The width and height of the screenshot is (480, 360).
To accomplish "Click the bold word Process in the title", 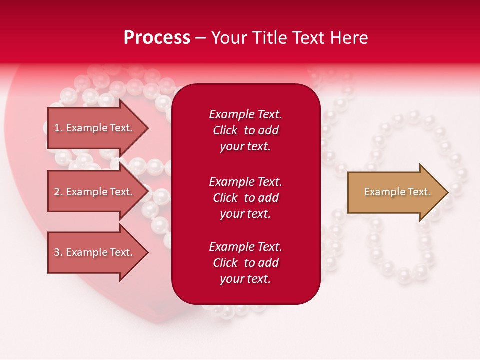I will point(157,38).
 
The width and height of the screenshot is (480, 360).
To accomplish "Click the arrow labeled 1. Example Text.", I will point(95,128).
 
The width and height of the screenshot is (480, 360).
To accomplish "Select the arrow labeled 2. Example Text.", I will point(95,192).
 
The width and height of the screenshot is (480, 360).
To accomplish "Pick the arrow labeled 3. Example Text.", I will point(95,252).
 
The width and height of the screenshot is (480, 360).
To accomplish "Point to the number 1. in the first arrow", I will point(58,128).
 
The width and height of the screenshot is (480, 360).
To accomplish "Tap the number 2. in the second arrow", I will point(58,192).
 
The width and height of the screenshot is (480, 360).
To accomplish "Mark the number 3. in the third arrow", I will point(58,252).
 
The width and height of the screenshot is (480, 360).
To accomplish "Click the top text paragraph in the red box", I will point(245,130).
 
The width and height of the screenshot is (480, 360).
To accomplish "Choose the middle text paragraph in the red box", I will point(245,198).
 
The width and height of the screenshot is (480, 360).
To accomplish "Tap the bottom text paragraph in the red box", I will point(245,263).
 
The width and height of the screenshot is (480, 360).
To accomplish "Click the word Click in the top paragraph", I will point(225,130).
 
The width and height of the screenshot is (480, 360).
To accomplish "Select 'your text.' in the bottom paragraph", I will point(245,279).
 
